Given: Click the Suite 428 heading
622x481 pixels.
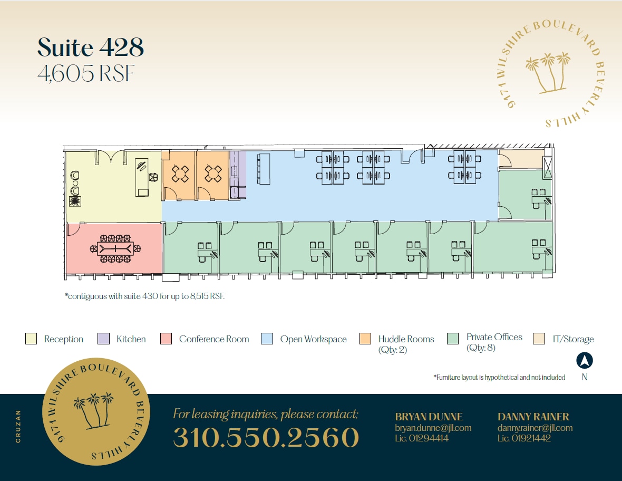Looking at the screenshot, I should pos(91,48).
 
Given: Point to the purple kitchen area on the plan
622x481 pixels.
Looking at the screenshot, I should pos(238,174).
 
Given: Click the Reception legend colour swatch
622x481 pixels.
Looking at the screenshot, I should pos(31,339).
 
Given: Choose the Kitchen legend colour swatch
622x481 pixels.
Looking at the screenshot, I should pos(103,339).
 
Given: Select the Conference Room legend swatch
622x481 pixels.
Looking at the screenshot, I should pos(166,339).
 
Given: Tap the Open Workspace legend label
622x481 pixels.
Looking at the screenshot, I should pos(313,339).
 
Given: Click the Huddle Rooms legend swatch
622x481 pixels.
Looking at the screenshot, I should pos(365,339).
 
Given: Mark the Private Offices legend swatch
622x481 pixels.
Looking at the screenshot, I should pos(452,339).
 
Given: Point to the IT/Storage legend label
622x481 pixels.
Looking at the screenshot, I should pos(573,339).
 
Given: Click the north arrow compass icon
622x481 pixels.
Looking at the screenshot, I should pos(585,361).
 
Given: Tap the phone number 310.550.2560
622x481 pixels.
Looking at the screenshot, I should pos(266,437).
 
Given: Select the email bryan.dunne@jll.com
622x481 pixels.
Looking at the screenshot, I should pos(433,428).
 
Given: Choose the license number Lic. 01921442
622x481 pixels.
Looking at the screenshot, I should pos(524,438).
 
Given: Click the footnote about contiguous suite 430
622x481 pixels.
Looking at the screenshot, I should pos(145,296).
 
